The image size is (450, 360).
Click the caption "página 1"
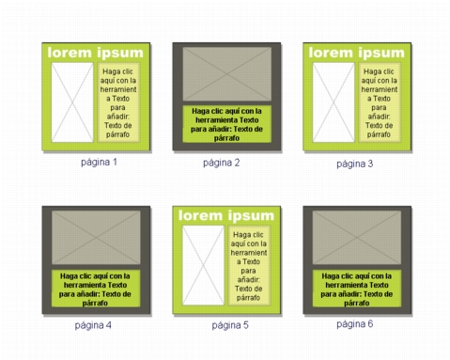pyautogui.click(x=99, y=163)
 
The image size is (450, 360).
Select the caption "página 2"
pyautogui.click(x=222, y=163)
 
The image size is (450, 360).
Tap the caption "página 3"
pyautogui.click(x=355, y=164)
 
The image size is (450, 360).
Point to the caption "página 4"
pyautogui.click(x=93, y=325)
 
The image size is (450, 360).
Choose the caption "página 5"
pyautogui.click(x=230, y=325)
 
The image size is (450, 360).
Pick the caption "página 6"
pyautogui.click(x=355, y=324)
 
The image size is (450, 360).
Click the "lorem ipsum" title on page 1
pyautogui.click(x=96, y=53)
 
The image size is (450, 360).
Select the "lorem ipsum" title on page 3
pyautogui.click(x=357, y=53)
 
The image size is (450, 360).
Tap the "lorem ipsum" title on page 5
pyautogui.click(x=226, y=216)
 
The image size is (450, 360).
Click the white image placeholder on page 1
pyautogui.click(x=72, y=102)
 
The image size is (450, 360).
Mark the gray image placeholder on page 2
pyautogui.click(x=227, y=74)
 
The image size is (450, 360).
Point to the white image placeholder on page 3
pyautogui.click(x=334, y=102)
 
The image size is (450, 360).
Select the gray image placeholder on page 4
pyautogui.click(x=96, y=237)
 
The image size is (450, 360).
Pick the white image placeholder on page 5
pyautogui.click(x=203, y=265)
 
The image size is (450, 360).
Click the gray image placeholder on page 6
pyautogui.click(x=357, y=237)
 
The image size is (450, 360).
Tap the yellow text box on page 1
pyautogui.click(x=118, y=102)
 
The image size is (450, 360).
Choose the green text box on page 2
pyautogui.click(x=227, y=124)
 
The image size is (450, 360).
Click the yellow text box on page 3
pyautogui.click(x=380, y=102)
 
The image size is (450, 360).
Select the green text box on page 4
pyautogui.click(x=96, y=288)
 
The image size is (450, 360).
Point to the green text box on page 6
pyautogui.click(x=357, y=288)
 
